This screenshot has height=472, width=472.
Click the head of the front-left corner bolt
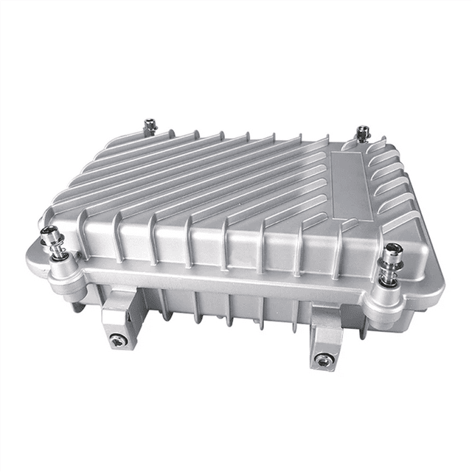pos(50,234)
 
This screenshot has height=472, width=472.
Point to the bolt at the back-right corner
pos(362,133)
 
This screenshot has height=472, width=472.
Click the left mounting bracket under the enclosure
pos(118,317)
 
